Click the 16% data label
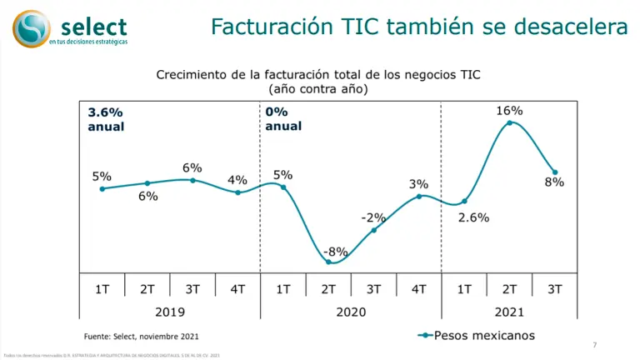click(509, 111)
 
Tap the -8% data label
click(337, 251)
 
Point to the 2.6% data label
click(473, 218)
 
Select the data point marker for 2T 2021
click(509, 123)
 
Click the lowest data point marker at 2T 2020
click(328, 262)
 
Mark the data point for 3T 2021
click(555, 172)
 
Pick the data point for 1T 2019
click(102, 189)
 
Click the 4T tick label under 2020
click(418, 288)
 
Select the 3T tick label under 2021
click(554, 288)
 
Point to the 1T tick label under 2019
click(102, 288)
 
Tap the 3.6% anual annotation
click(106, 119)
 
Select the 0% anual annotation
click(283, 119)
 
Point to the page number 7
click(594, 345)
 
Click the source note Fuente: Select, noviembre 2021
click(142, 336)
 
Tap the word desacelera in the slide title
click(575, 27)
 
